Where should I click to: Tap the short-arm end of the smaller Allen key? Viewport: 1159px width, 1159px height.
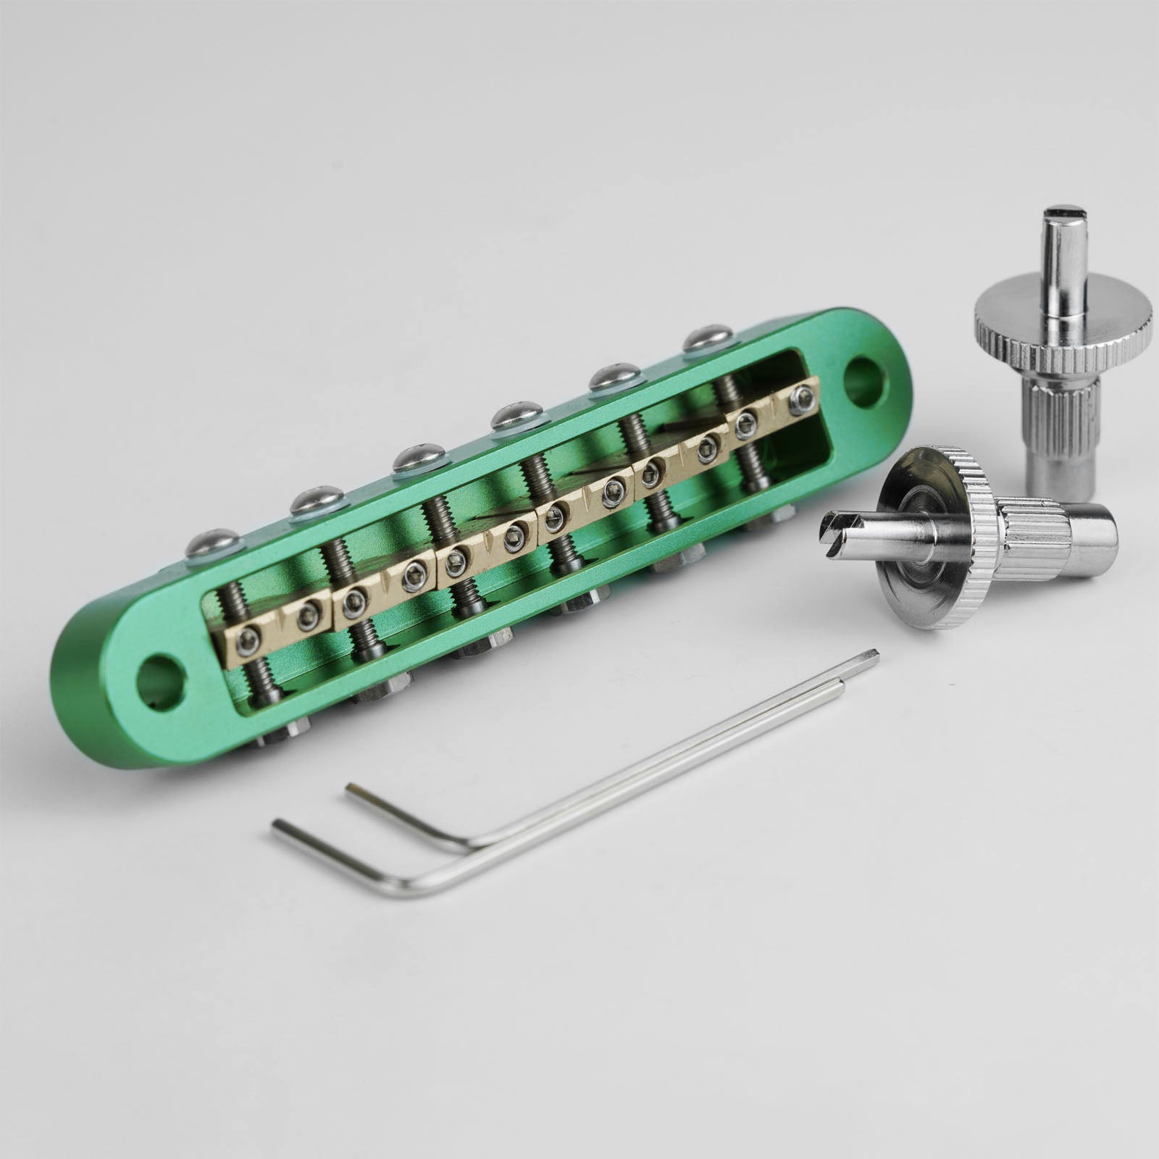pyautogui.click(x=352, y=787)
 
